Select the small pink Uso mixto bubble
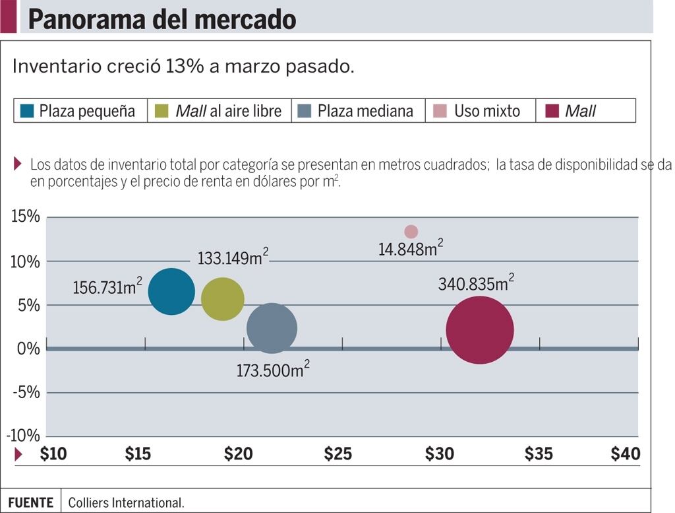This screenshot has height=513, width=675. [x=411, y=232]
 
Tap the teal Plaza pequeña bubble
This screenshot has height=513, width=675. [x=171, y=292]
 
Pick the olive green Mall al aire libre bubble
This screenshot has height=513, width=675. [x=222, y=299]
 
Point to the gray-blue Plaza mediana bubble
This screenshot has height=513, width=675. [x=272, y=328]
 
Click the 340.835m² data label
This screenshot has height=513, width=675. [x=476, y=284]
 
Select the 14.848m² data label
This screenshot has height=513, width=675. [x=410, y=249]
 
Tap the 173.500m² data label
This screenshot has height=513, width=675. [x=273, y=370]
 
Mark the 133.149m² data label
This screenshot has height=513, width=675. [x=233, y=257]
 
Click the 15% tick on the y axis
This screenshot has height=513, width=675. [x=25, y=217]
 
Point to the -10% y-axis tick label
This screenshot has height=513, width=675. [x=23, y=436]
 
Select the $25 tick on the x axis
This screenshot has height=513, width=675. [x=337, y=454]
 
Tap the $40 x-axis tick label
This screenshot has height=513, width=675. [x=625, y=454]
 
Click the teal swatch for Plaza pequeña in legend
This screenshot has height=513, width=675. [x=27, y=111]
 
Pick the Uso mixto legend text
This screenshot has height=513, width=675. [x=486, y=111]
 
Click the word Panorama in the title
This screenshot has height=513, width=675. [x=88, y=19]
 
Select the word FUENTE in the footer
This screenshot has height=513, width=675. [x=30, y=502]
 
